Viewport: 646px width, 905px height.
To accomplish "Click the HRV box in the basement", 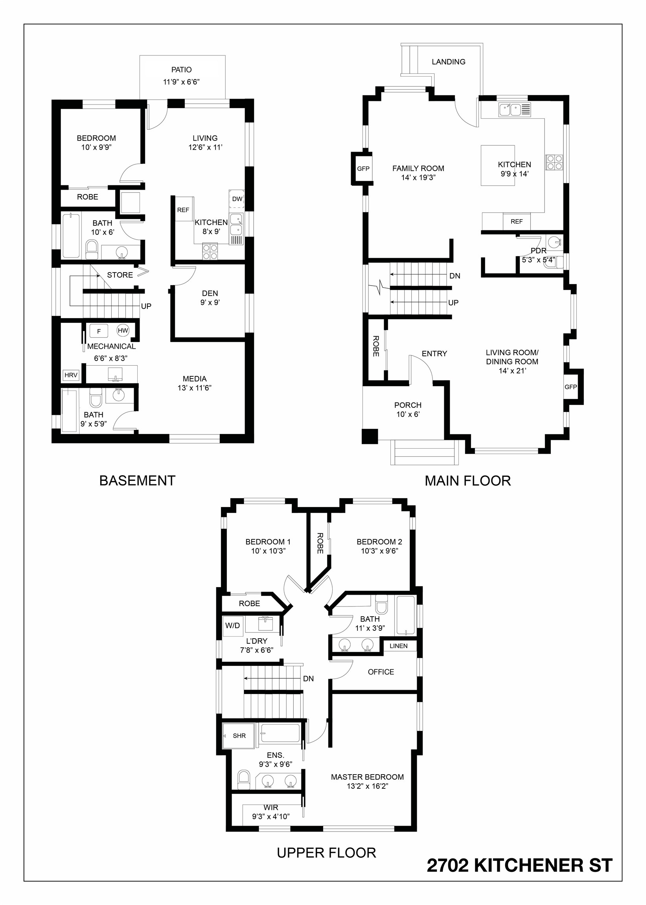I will tap(71, 375).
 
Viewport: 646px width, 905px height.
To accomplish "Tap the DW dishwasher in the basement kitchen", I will tap(237, 199).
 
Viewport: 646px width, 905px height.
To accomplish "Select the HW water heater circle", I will tap(123, 330).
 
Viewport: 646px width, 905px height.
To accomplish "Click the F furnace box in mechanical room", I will tap(99, 331).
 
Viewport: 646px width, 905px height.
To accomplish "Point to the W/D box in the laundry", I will tap(233, 626).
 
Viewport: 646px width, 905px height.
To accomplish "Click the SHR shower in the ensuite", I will tap(239, 736).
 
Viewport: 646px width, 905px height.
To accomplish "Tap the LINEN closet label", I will tap(398, 646).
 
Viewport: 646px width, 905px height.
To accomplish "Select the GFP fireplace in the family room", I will tap(363, 169).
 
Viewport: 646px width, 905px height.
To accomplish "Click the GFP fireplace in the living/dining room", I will tap(571, 387).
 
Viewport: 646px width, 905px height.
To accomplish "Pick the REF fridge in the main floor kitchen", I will tap(516, 222).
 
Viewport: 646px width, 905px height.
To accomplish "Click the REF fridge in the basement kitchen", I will tap(183, 210).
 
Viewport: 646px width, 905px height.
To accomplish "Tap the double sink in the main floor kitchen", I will tap(510, 109).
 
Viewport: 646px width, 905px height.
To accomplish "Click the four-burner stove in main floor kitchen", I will tap(554, 163).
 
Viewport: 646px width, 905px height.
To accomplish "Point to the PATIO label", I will tap(181, 70).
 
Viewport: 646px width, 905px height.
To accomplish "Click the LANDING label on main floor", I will tap(448, 62).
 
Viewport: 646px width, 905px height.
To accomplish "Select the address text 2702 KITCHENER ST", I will tap(519, 866).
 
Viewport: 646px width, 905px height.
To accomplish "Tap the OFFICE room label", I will tap(381, 672).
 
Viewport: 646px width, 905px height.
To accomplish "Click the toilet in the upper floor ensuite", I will tap(243, 779).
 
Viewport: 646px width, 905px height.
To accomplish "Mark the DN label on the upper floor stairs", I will tap(308, 678).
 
